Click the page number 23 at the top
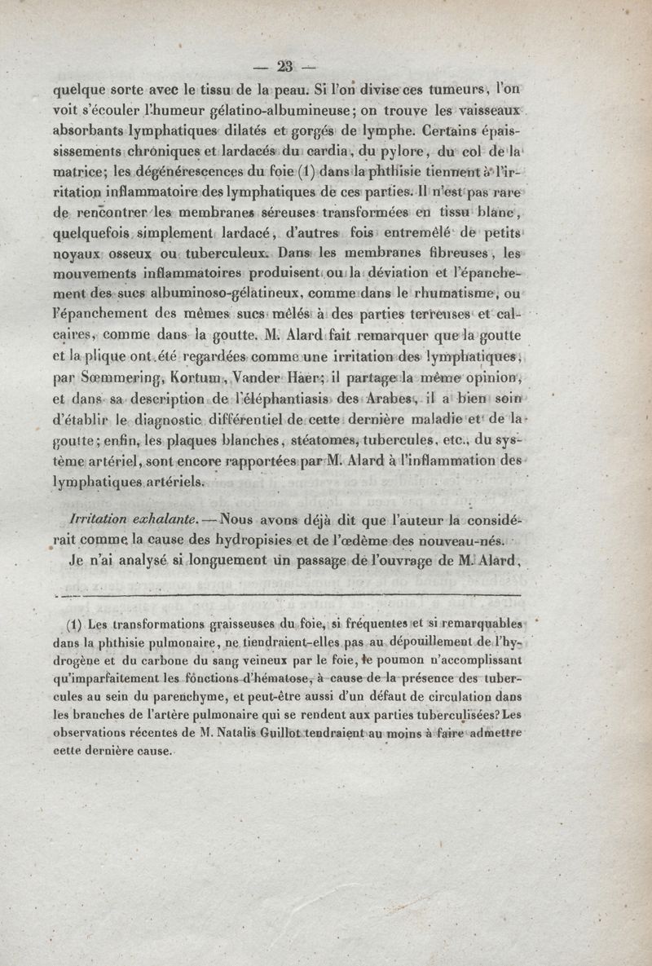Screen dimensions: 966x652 [285, 67]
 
